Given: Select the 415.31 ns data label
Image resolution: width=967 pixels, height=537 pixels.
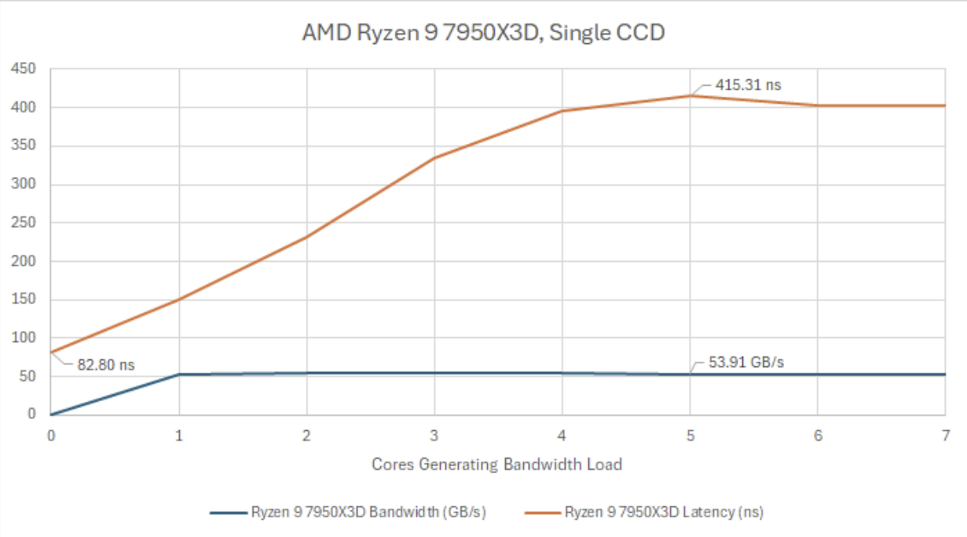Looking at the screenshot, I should [x=748, y=85].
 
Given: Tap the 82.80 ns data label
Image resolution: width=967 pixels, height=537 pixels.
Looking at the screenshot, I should [x=105, y=365].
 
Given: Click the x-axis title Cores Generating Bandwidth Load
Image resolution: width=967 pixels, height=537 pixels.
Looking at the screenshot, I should [x=496, y=464].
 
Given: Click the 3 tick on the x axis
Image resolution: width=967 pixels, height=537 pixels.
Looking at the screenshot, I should [x=434, y=435].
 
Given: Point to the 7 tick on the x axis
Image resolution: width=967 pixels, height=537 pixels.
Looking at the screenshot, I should [x=945, y=435].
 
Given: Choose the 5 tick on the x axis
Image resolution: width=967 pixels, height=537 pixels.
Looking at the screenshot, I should [x=690, y=435].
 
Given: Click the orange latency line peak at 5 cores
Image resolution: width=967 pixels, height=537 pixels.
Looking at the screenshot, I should [x=690, y=96].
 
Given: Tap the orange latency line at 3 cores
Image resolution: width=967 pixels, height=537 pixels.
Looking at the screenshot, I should [x=434, y=157].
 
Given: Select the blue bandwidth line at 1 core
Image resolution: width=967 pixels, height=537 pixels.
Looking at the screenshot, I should [x=179, y=374].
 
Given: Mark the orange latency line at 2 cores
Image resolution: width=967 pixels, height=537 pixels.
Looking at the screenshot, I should [x=306, y=237].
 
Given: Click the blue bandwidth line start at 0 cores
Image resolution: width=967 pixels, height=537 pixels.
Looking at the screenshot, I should [x=52, y=414].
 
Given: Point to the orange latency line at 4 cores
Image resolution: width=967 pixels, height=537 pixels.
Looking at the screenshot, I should [x=562, y=111].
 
